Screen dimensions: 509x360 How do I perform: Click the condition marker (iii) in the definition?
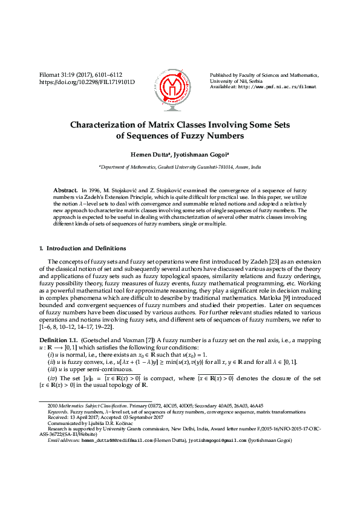point(51,368)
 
